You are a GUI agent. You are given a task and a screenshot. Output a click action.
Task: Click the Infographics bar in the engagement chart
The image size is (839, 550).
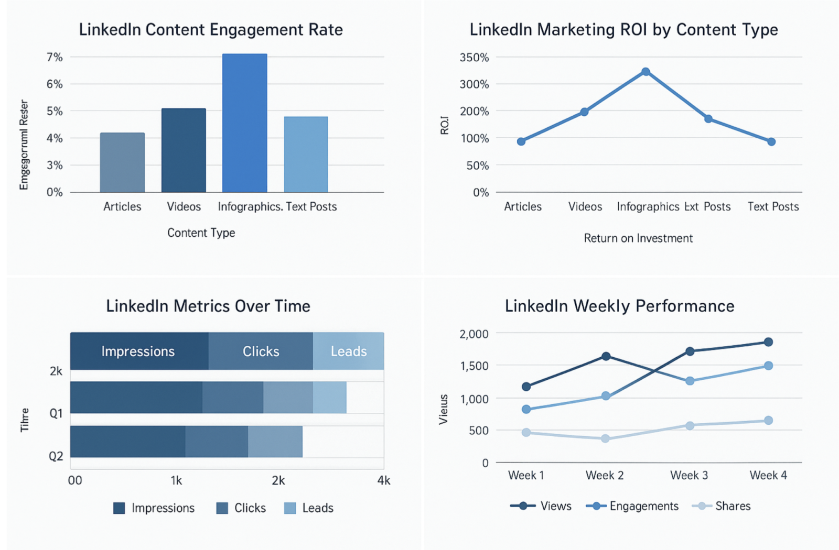244,123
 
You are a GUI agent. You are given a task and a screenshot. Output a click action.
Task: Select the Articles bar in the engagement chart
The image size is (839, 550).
122,162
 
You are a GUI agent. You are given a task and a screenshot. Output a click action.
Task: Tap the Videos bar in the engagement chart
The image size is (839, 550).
184,150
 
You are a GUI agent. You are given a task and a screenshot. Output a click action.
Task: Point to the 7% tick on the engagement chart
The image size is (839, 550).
55,57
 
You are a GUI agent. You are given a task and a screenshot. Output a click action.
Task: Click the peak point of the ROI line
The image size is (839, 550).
646,72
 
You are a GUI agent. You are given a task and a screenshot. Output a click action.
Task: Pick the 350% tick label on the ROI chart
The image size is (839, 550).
474,58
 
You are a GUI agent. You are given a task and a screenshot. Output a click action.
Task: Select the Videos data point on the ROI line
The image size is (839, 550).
584,112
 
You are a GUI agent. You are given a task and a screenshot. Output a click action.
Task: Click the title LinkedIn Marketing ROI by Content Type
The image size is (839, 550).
623,30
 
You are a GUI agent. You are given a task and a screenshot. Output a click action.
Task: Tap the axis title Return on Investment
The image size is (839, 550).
638,238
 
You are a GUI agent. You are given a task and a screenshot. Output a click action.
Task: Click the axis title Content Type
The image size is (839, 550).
201,233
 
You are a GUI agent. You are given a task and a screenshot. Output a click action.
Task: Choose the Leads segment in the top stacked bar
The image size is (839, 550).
348,351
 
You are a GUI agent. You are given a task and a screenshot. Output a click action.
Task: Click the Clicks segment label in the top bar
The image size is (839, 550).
261,351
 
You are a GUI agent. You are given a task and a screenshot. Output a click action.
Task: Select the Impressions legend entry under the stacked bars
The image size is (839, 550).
154,508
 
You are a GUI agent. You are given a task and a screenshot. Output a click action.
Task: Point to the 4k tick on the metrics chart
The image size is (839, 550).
384,480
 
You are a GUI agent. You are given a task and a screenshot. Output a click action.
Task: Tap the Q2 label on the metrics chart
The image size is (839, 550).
56,456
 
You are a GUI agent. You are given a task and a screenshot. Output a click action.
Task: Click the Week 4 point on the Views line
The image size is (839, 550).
768,342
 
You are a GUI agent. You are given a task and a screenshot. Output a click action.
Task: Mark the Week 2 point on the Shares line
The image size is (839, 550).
605,438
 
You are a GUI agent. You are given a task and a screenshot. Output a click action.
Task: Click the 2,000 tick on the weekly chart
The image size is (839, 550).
474,334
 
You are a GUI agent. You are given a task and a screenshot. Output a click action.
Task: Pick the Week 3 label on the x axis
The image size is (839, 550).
689,476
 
